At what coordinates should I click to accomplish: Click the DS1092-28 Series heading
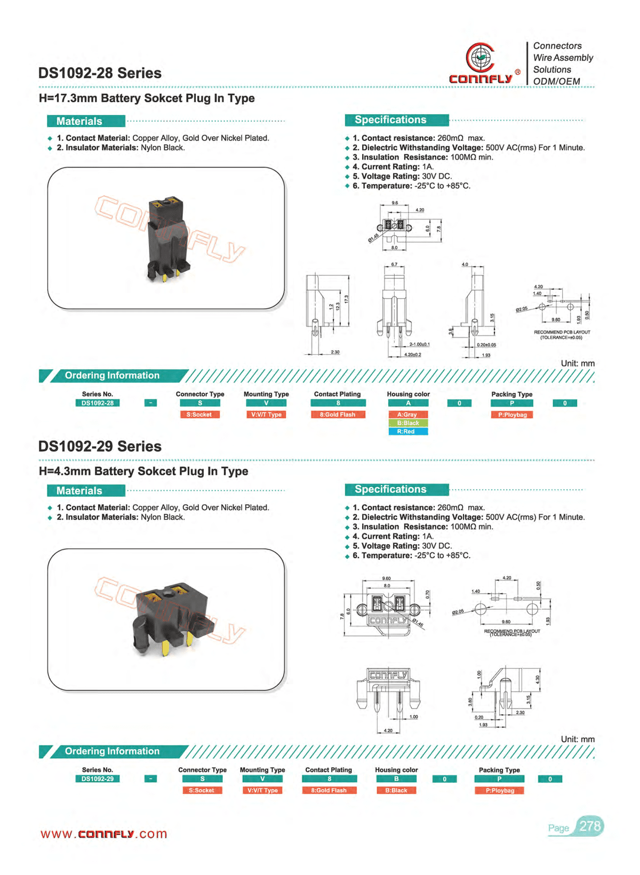[100, 73]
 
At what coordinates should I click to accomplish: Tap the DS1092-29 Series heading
[100, 446]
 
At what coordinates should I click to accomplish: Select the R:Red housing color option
[407, 432]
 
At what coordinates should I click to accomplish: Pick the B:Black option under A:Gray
[407, 423]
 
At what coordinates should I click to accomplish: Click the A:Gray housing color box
[407, 415]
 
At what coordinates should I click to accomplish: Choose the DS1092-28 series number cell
[98, 403]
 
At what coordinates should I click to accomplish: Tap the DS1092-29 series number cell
[98, 779]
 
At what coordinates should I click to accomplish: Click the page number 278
[590, 826]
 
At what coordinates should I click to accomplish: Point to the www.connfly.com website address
[104, 834]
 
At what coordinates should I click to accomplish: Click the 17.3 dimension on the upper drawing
[346, 299]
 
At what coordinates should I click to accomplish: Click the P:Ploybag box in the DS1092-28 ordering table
[512, 415]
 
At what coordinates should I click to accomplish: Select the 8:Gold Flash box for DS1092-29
[329, 790]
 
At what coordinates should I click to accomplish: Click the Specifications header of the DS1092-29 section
[390, 489]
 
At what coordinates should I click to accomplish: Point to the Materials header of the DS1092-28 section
[79, 121]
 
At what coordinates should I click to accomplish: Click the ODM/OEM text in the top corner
[556, 81]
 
